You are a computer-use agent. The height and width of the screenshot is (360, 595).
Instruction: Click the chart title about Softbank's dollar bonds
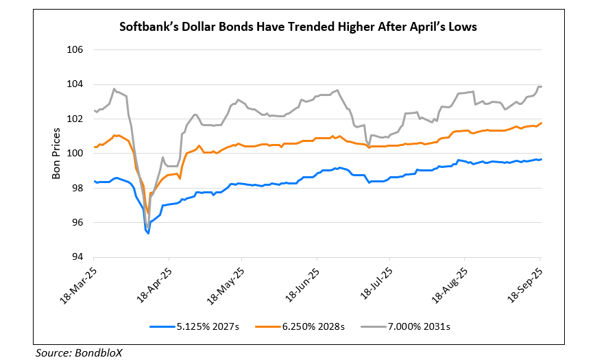pos(297,28)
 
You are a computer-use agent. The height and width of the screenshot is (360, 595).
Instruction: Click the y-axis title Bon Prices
pos(57,154)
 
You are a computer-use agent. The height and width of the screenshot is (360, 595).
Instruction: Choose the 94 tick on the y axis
pos(77,257)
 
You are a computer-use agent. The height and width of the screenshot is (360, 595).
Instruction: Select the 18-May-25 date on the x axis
pos(226,283)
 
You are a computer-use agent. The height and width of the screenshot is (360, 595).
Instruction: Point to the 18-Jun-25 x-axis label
pos(302,283)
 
